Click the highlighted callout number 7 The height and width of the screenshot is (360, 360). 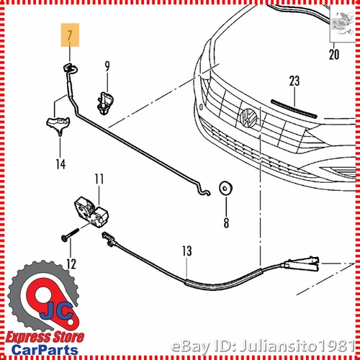pyautogui.click(x=69, y=34)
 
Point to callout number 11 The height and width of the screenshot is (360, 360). pyautogui.click(x=99, y=178)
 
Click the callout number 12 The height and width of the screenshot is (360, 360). pyautogui.click(x=71, y=264)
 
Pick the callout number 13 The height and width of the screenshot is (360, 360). pyautogui.click(x=186, y=251)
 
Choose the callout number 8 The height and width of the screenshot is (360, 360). pyautogui.click(x=225, y=222)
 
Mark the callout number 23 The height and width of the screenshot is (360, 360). pyautogui.click(x=294, y=81)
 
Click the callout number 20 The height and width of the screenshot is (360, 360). pyautogui.click(x=333, y=54)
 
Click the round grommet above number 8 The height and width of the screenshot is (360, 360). pyautogui.click(x=225, y=189)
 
